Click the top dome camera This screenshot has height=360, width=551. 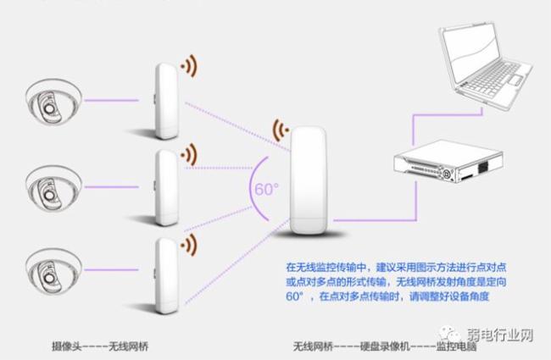click(x=49, y=105)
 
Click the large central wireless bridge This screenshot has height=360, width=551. click(x=309, y=180)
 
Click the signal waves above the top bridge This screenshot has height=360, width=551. click(x=191, y=64)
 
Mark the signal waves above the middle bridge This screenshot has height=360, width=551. click(x=191, y=153)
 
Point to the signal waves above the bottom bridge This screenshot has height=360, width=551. click(x=191, y=241)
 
